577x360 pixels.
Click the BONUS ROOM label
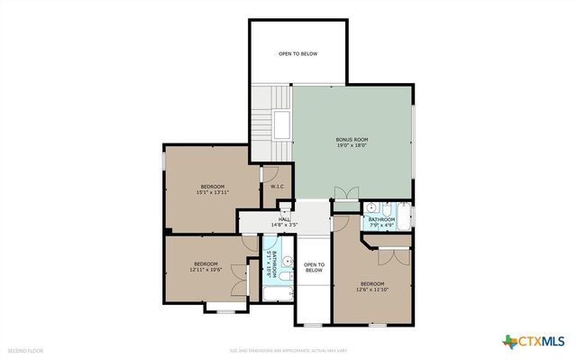coord(351,139)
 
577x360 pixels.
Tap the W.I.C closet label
coord(277,187)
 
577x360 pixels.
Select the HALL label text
coord(285,218)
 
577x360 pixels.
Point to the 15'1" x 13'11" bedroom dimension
coord(213,192)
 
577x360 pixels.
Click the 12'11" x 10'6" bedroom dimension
coord(206,270)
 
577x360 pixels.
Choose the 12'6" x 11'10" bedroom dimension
coord(372,290)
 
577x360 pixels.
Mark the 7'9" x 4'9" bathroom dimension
coord(381,226)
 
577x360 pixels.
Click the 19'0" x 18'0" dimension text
coord(351,145)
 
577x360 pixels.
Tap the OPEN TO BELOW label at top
coord(298,54)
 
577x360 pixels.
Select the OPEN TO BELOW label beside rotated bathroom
coord(313,267)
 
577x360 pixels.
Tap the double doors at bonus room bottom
coord(345,193)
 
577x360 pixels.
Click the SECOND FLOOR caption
coord(24,349)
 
